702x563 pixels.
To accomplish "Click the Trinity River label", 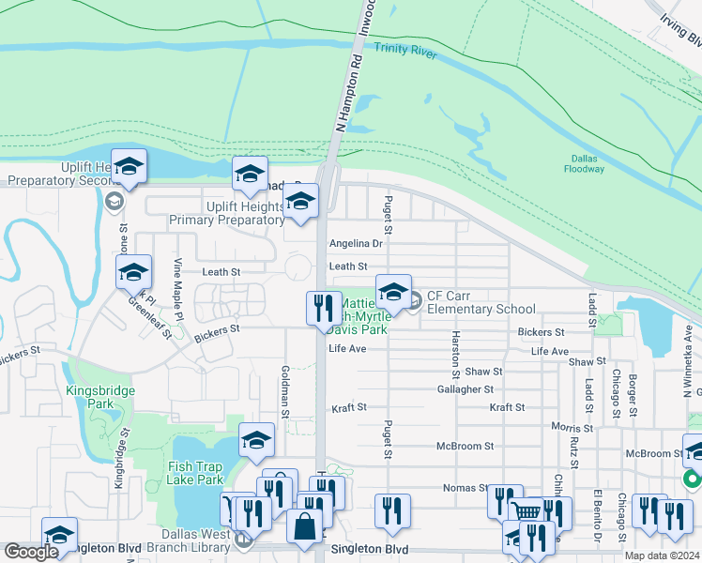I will (x=404, y=50).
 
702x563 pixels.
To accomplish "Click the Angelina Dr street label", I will (x=356, y=244).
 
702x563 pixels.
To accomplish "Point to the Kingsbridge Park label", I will (x=100, y=397).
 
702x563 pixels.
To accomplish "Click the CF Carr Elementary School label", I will (x=481, y=302).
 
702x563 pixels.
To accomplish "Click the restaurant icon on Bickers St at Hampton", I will (x=322, y=307).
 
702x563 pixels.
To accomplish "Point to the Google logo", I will (x=31, y=552).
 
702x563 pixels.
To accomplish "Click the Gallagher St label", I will (x=465, y=389).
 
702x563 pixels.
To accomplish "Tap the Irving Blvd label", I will (x=679, y=29).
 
